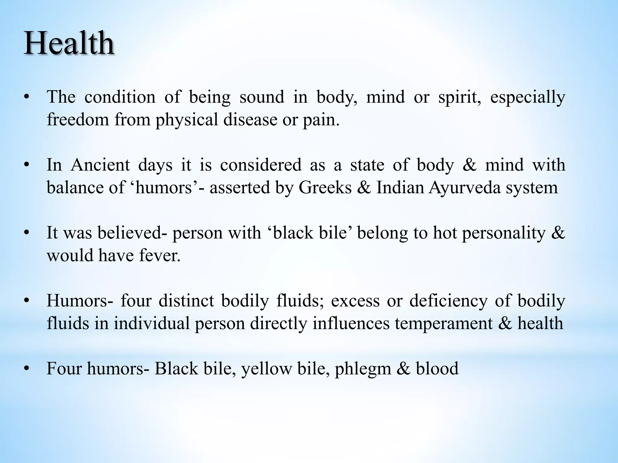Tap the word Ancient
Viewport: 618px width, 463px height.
[100, 165]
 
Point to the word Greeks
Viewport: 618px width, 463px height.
[325, 187]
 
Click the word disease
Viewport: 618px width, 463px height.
[250, 120]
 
